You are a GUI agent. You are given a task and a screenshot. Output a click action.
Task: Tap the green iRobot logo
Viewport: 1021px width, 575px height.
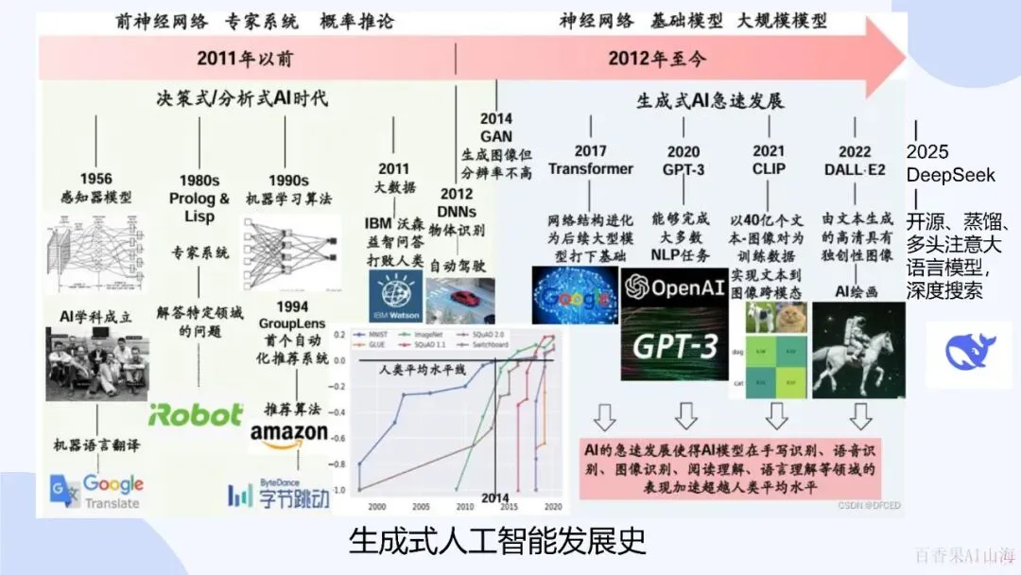click(196, 414)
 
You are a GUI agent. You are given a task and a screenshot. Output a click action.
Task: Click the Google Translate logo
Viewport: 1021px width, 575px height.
click(96, 492)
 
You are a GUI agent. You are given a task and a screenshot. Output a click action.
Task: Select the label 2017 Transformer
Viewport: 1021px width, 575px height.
click(590, 160)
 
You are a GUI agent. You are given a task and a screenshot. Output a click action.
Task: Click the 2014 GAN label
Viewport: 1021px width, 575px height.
click(496, 128)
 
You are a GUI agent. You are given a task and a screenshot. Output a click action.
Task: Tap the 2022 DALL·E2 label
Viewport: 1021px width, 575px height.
click(856, 160)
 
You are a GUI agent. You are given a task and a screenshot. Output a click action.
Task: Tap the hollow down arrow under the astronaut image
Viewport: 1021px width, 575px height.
click(859, 416)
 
